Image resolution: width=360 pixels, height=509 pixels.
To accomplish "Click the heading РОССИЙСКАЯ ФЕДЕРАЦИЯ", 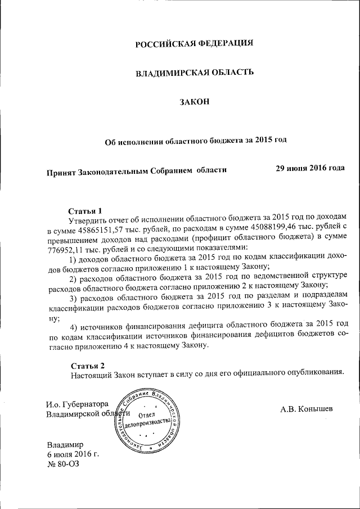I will [195, 43].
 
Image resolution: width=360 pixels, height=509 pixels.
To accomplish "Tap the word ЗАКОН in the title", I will [195, 101].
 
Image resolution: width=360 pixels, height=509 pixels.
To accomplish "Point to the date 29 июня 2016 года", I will [310, 168].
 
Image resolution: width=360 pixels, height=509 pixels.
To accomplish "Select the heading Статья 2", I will [85, 365].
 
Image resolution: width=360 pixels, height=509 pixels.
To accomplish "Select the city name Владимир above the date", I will [65, 445].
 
